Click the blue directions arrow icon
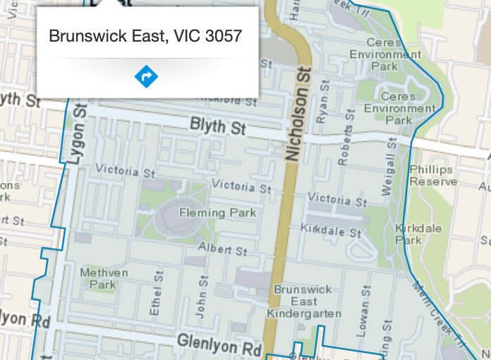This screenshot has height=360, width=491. point(146,76)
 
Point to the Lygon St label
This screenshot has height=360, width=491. point(78,134)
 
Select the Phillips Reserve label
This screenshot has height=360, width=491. point(434,176)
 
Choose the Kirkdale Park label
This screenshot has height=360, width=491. point(408,234)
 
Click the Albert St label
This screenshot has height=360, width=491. point(222,249)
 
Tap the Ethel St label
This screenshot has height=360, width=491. point(156,297)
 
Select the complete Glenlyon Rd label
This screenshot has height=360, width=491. point(219,345)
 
